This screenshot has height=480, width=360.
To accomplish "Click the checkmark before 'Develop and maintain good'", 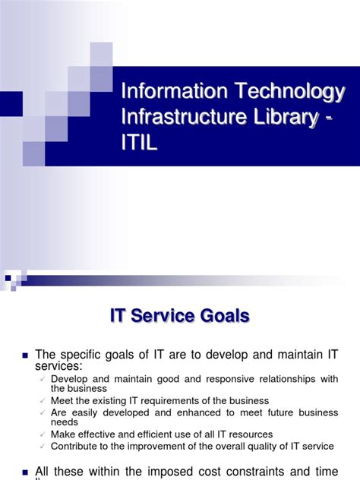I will tap(44, 379).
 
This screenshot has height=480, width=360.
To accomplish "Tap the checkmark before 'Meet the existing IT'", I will tap(44, 400).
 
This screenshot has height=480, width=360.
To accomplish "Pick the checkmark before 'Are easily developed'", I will tap(44, 412).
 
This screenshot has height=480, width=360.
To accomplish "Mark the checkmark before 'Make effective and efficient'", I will tap(44, 434).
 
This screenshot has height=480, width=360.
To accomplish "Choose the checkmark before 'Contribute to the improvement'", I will tap(44, 445).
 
